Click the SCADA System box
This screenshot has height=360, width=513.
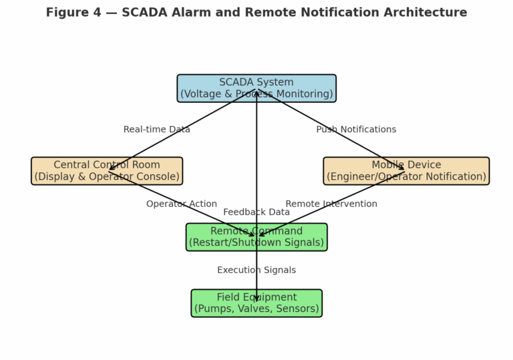(x=200, y=88)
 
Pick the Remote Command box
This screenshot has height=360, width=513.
(x=207, y=237)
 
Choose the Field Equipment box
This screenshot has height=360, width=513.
(x=214, y=303)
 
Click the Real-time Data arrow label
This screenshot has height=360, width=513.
(x=156, y=130)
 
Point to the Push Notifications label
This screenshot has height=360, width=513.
(x=356, y=130)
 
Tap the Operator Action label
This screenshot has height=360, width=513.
(x=182, y=204)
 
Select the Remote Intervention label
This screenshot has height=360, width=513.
(x=331, y=204)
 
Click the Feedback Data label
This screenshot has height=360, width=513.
(x=256, y=212)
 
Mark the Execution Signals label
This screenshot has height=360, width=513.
(x=256, y=270)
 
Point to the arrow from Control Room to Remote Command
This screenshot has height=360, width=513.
(x=200, y=212)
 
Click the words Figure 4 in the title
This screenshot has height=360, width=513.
(x=76, y=13)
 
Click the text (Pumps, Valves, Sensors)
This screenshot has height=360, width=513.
(x=256, y=309)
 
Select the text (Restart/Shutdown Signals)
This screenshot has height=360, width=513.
(x=256, y=243)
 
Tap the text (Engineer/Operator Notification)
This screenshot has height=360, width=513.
(x=406, y=177)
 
